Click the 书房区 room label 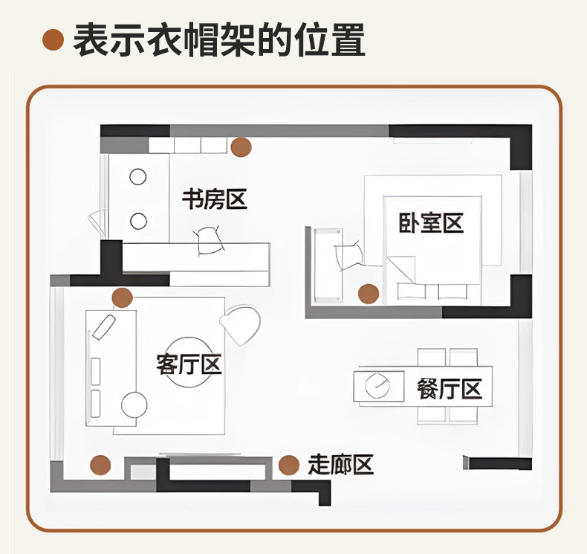click(214, 199)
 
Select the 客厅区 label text click(189, 364)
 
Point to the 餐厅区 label click(450, 388)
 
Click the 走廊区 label click(340, 466)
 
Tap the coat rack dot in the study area click(240, 148)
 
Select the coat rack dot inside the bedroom click(368, 294)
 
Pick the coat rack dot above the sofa click(122, 298)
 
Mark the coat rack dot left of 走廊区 click(289, 466)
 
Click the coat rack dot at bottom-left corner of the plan click(100, 466)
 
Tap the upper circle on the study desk click(138, 177)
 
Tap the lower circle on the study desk click(138, 221)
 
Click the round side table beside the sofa click(134, 405)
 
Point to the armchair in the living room click(241, 324)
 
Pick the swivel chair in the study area click(209, 241)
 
